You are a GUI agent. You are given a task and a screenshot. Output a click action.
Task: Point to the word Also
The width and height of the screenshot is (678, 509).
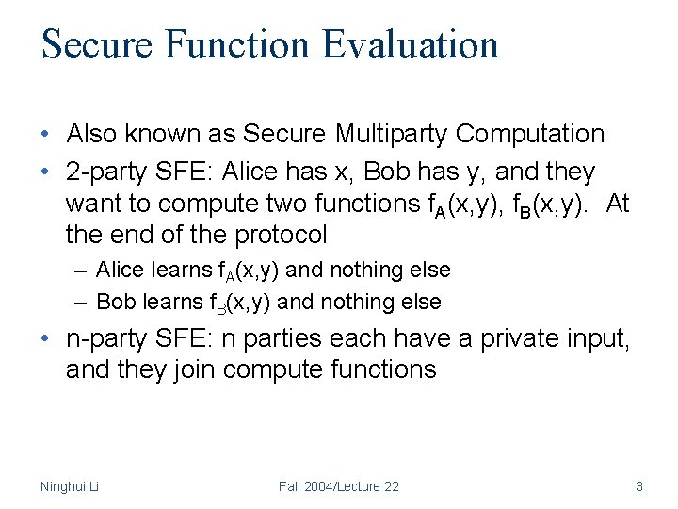[93, 134]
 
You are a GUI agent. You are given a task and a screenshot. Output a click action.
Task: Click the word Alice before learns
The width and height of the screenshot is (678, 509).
[120, 271]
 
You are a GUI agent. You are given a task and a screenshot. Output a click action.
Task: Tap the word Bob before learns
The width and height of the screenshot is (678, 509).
[116, 303]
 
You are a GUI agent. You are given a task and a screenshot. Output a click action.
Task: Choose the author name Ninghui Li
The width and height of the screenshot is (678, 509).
[70, 486]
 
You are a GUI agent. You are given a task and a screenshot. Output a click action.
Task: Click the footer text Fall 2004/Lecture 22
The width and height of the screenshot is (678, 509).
[338, 486]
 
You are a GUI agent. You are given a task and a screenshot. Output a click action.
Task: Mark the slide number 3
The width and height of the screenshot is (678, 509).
[639, 486]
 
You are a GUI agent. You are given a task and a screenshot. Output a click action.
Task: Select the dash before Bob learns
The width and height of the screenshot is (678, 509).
[83, 303]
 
